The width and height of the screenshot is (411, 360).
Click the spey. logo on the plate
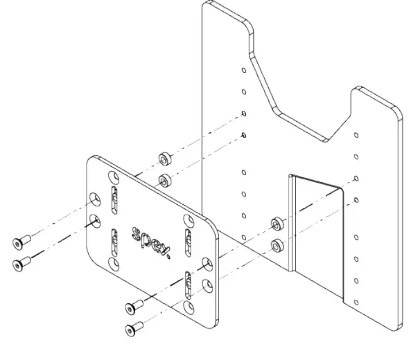(150, 239)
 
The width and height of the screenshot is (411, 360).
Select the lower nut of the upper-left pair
(165, 181)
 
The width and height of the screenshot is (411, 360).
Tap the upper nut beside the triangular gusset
(277, 223)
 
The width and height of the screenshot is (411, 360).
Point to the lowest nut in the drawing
(278, 244)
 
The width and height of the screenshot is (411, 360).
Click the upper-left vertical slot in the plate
(115, 199)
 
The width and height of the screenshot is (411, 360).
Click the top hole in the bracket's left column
(243, 70)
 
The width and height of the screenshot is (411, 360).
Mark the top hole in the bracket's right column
(356, 136)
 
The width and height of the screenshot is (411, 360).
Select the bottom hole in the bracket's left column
(243, 237)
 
